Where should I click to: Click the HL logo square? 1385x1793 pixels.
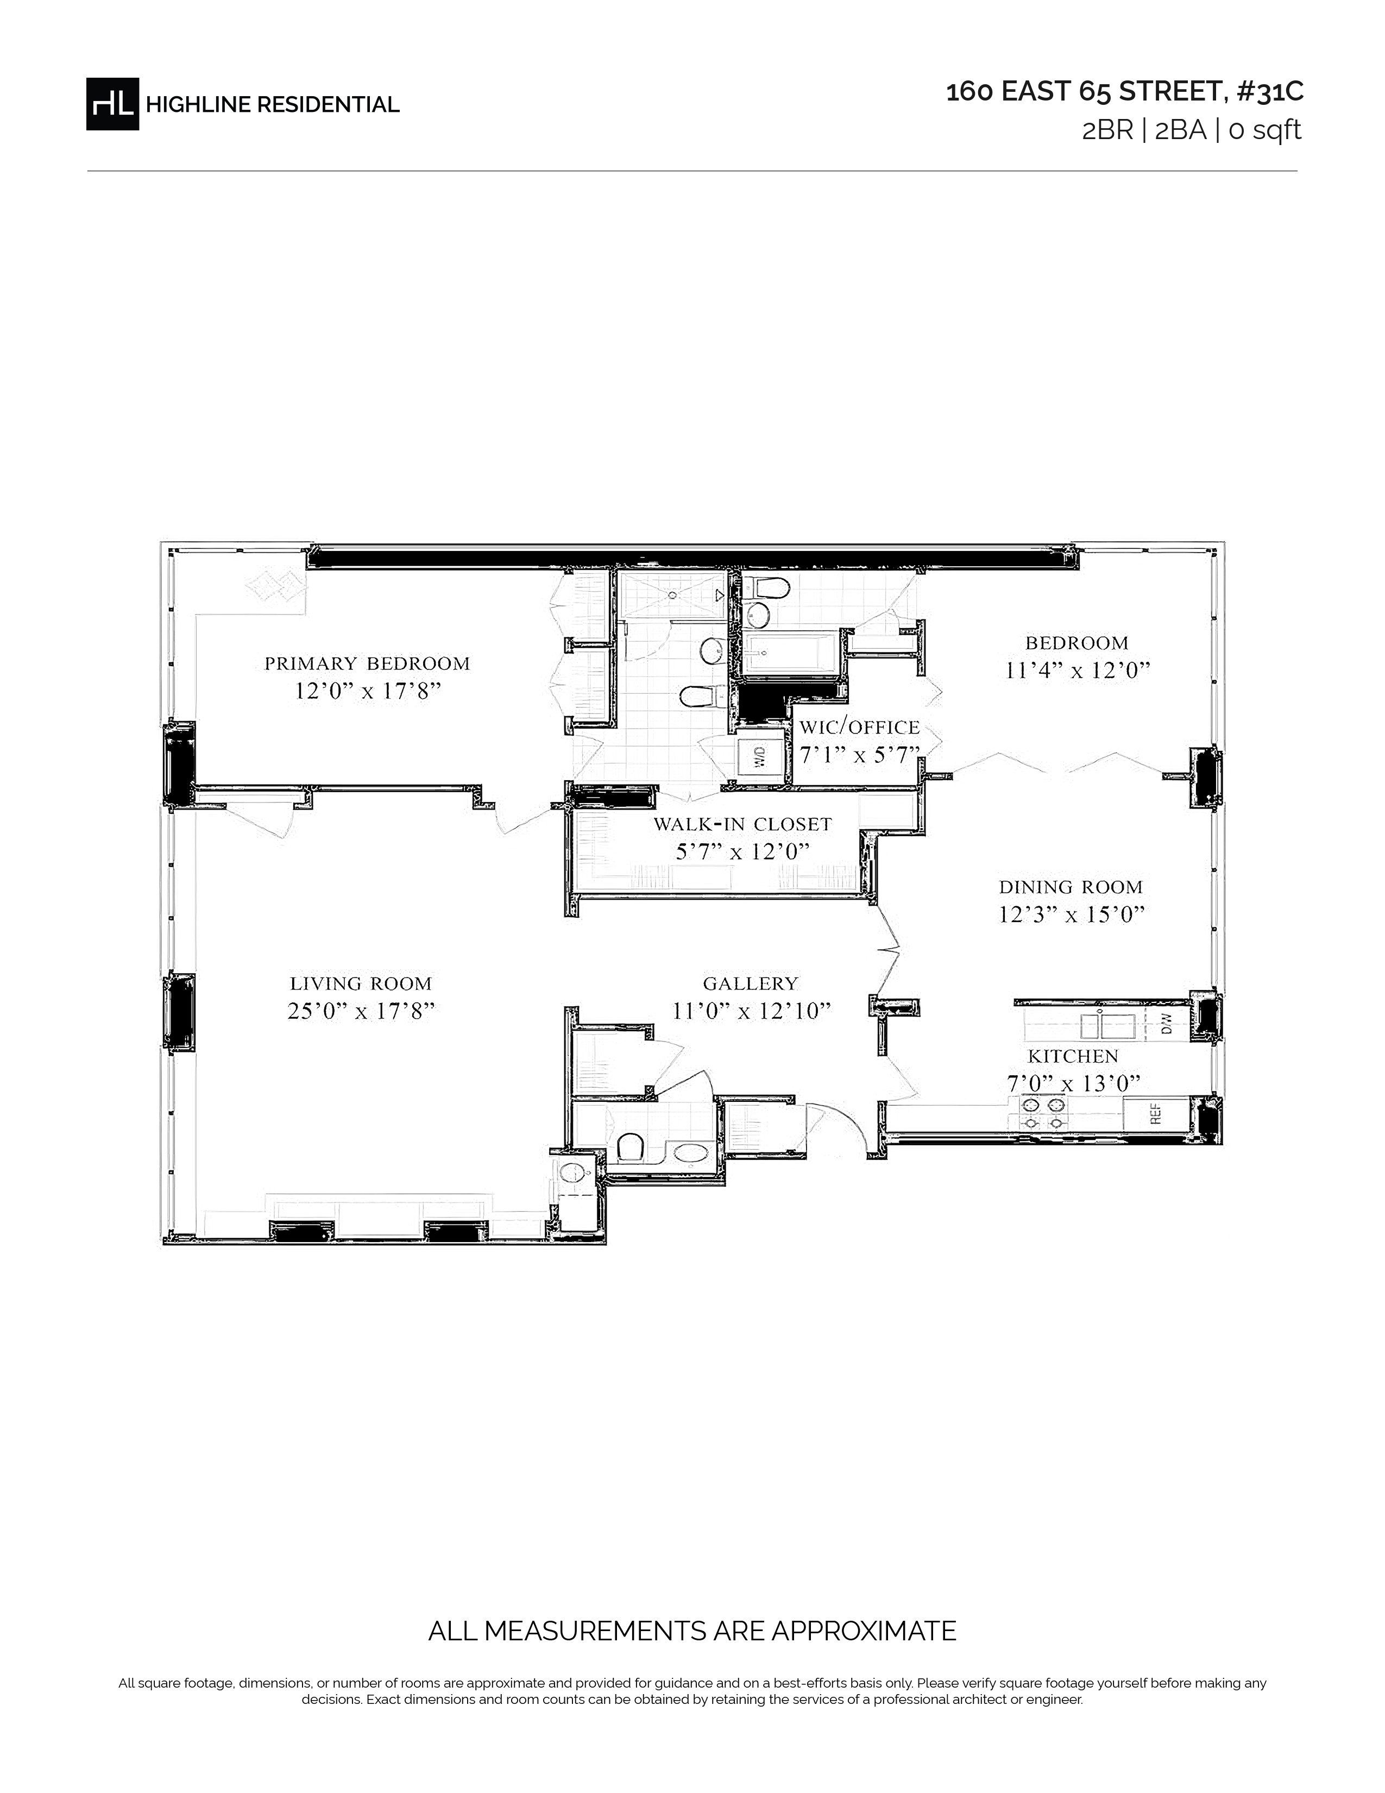[x=112, y=103]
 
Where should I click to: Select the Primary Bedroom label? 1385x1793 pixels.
[x=367, y=663]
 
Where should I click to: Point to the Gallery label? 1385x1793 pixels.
[x=750, y=983]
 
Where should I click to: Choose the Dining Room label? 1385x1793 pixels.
[x=1071, y=887]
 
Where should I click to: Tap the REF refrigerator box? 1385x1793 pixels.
[x=1155, y=1114]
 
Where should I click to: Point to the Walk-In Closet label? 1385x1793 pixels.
[x=742, y=824]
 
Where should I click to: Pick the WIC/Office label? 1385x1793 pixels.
[x=860, y=728]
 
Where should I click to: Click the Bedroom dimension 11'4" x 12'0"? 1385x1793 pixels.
[x=1078, y=670]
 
